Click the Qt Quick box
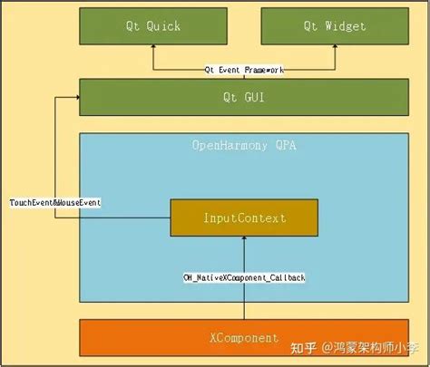point(151,27)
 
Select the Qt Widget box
point(335,27)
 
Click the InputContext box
point(244,218)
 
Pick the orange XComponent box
point(243,337)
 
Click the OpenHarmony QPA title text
point(243,145)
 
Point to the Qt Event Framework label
point(244,70)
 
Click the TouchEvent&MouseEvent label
point(55,202)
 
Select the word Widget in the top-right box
point(346,27)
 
